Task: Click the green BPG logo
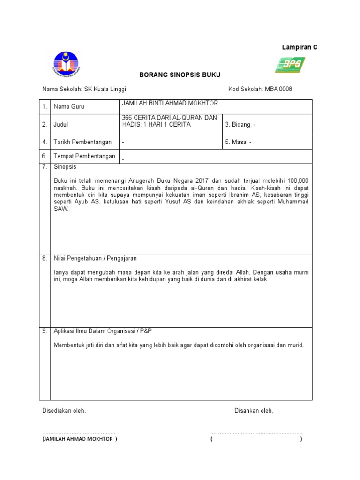click(x=290, y=65)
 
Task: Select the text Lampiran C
click(x=300, y=47)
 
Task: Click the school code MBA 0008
click(x=278, y=89)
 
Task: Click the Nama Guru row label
click(x=69, y=107)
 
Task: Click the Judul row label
click(x=61, y=125)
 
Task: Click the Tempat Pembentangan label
click(x=84, y=156)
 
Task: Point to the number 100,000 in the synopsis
click(x=297, y=180)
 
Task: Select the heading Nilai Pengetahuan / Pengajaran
click(x=96, y=258)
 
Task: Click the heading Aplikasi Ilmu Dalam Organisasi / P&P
click(x=103, y=331)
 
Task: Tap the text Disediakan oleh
click(x=64, y=411)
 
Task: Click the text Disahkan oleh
click(x=254, y=411)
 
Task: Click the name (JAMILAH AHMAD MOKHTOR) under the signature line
click(x=80, y=439)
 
